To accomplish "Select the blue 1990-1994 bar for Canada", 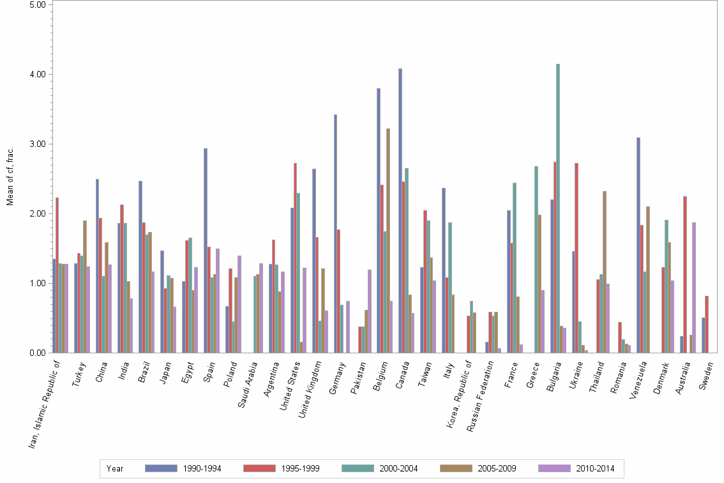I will pyautogui.click(x=400, y=211).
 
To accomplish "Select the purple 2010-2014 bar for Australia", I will pyautogui.click(x=693, y=287).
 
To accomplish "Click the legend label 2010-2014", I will pyautogui.click(x=596, y=468).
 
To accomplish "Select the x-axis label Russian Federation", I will pyautogui.click(x=482, y=396).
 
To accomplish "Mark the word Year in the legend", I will pyautogui.click(x=115, y=468).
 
